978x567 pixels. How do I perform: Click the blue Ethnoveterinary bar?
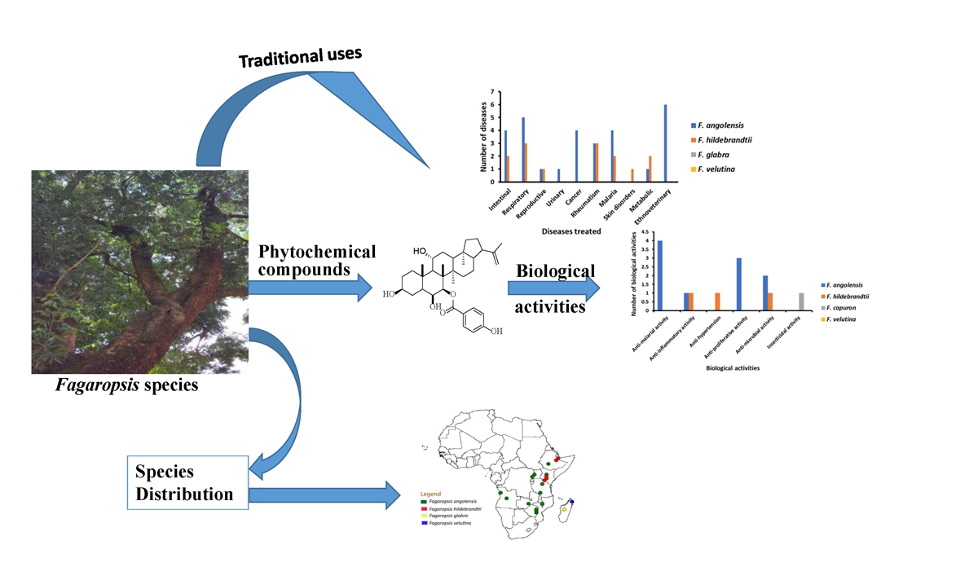click(x=665, y=143)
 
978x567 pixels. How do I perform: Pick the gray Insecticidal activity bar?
click(x=801, y=301)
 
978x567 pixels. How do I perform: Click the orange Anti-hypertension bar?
click(x=717, y=301)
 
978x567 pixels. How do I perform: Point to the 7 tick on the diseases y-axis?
click(x=491, y=92)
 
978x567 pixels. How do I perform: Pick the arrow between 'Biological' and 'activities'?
click(x=554, y=288)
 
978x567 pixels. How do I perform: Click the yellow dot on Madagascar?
click(x=564, y=510)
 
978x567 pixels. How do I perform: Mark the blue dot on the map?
click(x=571, y=501)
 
